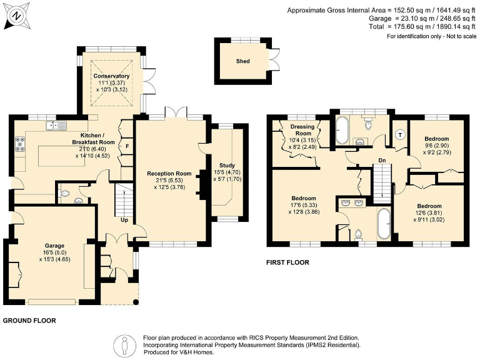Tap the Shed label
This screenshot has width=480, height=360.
pos(242,61)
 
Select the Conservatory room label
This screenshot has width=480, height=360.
pos(111,76)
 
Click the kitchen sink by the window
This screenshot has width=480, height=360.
pos(56,126)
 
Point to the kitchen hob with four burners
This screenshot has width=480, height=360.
pos(21,144)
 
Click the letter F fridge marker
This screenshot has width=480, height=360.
pos(127,147)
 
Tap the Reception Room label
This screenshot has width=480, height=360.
pos(169,174)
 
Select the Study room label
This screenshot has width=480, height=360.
pos(227,165)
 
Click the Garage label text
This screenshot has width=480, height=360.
pos(54,246)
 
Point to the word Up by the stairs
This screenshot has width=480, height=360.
pos(124,220)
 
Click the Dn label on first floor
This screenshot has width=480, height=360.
pos(382,161)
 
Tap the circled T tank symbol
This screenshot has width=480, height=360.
pos(400,135)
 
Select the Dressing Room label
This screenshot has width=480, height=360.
pos(302,130)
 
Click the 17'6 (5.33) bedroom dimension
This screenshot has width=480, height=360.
pos(304,205)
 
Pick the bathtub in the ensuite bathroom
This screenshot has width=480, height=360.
pos(384,224)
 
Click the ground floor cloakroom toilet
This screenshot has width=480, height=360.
pos(64,194)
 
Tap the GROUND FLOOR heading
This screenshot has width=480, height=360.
pos(29,321)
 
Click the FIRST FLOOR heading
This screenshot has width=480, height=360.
pos(287,262)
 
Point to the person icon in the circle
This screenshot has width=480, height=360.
pos(124,345)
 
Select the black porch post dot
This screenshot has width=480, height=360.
pos(136,302)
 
